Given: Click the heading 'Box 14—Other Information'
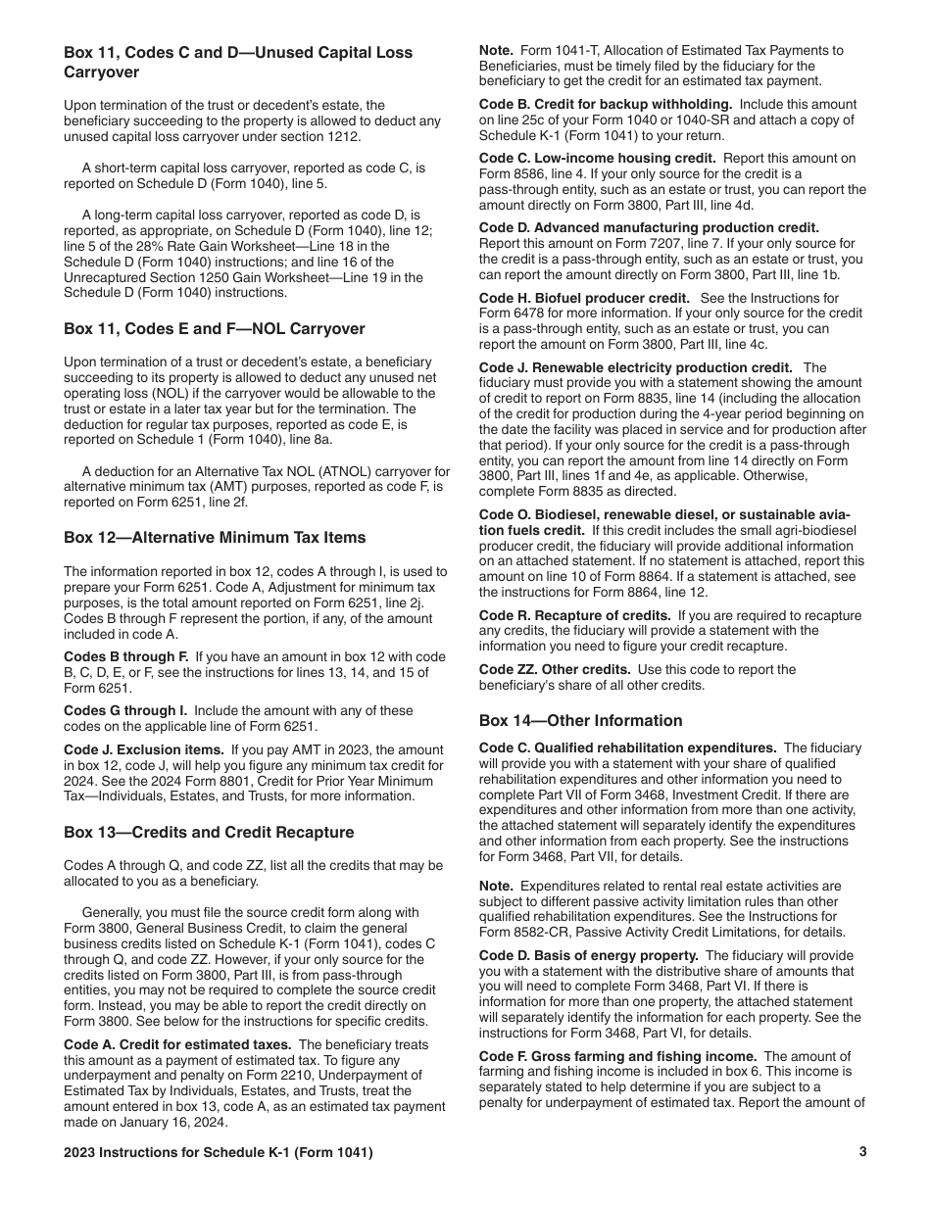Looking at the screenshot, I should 580,721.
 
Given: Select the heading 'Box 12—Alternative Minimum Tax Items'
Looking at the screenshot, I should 215,537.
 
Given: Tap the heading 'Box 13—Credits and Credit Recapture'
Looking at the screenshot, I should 209,832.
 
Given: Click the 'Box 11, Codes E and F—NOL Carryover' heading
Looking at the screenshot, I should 214,329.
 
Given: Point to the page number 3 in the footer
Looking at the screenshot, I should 862,1152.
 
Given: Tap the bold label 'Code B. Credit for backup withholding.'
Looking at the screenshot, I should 606,104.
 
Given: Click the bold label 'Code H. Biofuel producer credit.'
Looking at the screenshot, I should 584,298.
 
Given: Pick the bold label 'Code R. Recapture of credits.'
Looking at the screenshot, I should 573,615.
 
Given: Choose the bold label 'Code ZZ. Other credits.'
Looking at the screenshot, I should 555,669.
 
